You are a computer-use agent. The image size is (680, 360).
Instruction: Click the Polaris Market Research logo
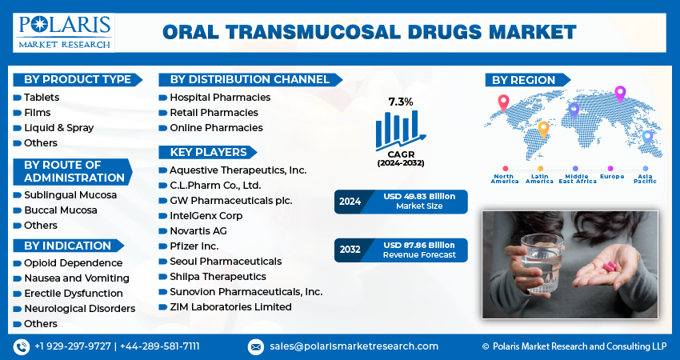pos(64,33)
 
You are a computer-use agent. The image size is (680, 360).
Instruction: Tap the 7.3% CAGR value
pos(401,102)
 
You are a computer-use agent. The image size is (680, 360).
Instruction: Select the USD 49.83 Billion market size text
pos(419,197)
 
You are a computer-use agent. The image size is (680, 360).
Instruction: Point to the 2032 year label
pos(350,250)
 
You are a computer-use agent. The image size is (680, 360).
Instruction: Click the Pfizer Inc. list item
pos(194,246)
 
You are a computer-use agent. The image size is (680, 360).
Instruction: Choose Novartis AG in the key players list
pos(198,231)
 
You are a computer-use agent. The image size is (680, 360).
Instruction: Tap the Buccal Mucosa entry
pos(61,210)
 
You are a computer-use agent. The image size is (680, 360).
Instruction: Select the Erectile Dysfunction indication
pos(74,294)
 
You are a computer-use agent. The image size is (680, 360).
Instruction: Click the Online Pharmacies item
pos(216,128)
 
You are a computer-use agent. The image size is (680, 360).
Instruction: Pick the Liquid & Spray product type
pos(59,128)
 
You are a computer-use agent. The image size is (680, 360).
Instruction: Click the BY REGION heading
pos(523,80)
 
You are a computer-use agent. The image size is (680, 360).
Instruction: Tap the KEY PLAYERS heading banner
pos(208,152)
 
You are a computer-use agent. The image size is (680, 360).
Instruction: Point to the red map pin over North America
pos(503,102)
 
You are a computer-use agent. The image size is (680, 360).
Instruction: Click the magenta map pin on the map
pos(620,94)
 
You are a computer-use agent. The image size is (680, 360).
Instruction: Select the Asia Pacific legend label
pos(645,178)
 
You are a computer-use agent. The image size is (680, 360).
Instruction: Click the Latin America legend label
pos(539,178)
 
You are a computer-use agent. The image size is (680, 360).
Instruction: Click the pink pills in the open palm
pos(609,266)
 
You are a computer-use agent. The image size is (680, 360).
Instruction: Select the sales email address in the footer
pos(354,346)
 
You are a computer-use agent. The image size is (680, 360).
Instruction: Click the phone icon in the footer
pos(22,346)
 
